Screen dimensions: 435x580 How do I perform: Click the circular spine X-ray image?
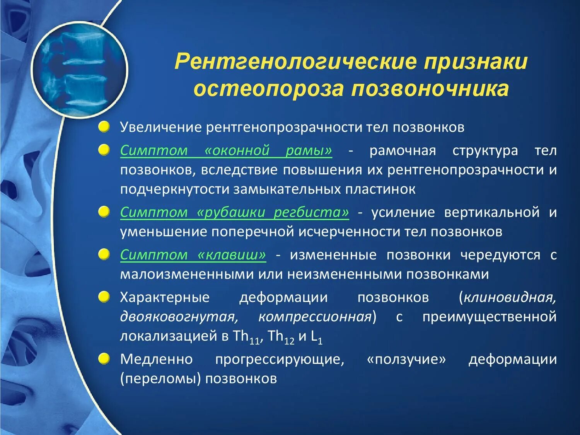pos(79,70)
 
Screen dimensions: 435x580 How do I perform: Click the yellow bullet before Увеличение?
pos(104,127)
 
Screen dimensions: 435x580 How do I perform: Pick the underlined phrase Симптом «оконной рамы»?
pos(226,150)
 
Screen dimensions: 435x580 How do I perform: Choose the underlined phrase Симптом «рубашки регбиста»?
pos(234,212)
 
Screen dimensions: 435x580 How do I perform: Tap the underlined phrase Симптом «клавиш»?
pos(193,255)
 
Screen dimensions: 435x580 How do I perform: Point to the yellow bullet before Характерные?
pos(104,297)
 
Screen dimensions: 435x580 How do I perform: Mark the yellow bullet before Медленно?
pos(104,359)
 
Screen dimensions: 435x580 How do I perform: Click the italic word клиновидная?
pos(510,297)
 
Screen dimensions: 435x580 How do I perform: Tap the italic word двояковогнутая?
pos(178,317)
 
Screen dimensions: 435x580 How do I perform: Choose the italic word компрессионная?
pos(315,317)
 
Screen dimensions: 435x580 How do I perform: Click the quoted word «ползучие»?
pos(406,359)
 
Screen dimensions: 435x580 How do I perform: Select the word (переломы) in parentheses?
pos(160,379)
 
